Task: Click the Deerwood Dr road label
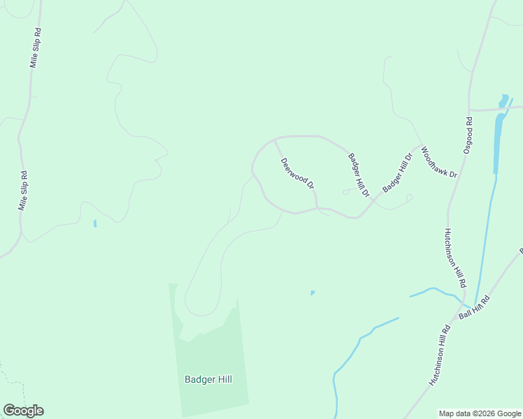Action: point(298,173)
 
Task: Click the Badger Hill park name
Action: point(208,380)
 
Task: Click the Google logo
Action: point(23,411)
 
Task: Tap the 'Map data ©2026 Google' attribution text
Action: point(480,413)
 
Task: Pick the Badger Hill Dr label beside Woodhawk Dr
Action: point(398,172)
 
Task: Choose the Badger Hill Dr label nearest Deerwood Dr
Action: point(359,175)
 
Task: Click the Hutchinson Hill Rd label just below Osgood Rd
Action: point(454,258)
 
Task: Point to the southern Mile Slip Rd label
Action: point(24,191)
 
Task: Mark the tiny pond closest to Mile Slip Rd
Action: point(94,223)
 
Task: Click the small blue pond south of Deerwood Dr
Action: point(313,293)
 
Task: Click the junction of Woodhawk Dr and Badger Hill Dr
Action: point(421,146)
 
